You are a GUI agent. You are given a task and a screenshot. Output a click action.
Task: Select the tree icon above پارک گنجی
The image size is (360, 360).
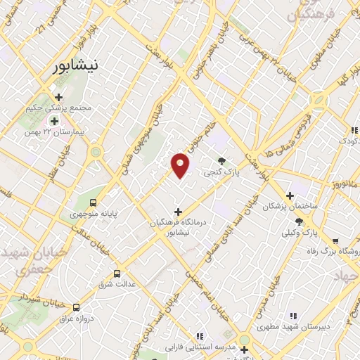tap(223, 161)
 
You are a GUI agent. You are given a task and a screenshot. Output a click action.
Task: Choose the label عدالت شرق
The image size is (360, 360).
tap(120, 284)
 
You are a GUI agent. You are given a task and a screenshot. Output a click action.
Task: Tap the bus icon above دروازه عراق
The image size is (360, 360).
tap(77, 307)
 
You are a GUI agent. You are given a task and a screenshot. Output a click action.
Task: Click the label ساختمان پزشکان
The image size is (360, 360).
tap(290, 207)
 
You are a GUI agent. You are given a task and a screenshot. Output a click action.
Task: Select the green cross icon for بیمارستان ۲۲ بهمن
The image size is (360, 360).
tap(54, 121)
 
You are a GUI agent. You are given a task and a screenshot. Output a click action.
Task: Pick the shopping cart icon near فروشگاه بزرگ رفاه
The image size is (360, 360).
tap(335, 240)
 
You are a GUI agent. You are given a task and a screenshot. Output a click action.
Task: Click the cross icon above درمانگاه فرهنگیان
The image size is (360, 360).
tap(177, 211)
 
